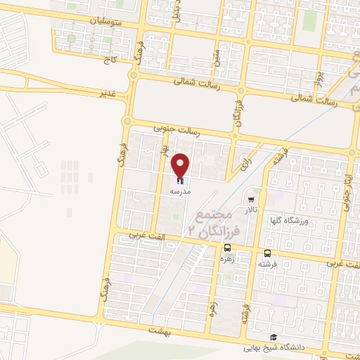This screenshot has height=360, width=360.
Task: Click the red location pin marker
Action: (181, 165)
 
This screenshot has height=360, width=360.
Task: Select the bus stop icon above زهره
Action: (227, 247)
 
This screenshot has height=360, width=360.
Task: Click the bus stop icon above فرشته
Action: (267, 253)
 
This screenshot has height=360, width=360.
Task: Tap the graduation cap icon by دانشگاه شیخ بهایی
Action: (273, 337)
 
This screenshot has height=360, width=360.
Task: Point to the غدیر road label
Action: (106, 91)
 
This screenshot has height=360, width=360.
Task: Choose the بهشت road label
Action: (160, 329)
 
